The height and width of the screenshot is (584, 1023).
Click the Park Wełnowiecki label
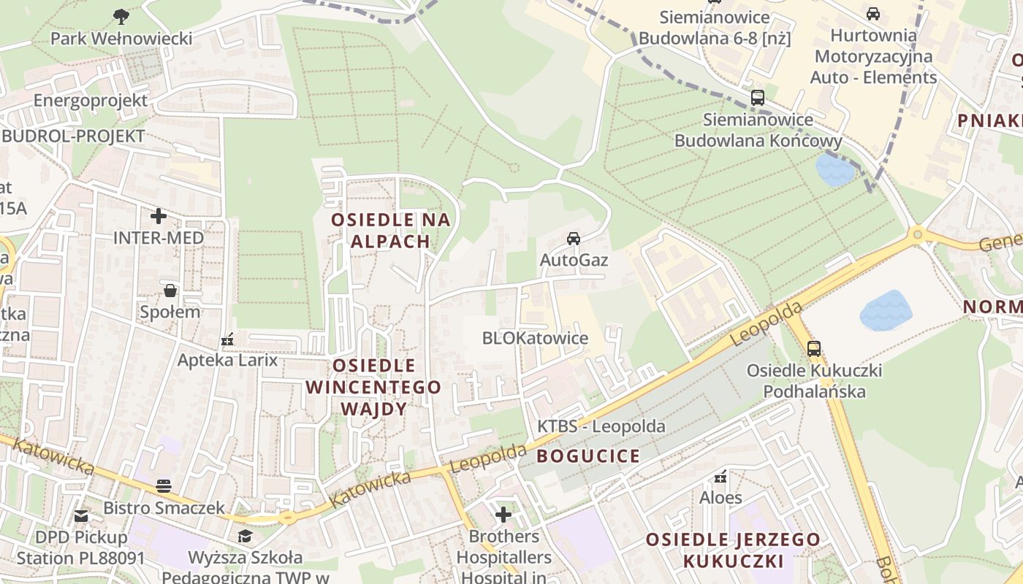coord(121,39)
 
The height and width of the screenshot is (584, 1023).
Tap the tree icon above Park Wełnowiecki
coord(121,16)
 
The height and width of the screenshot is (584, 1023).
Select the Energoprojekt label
coord(91,101)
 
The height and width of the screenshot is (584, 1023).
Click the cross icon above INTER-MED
coord(158,216)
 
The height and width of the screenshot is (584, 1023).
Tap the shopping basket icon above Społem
coord(170,291)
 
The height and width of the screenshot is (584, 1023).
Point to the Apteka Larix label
coord(228,360)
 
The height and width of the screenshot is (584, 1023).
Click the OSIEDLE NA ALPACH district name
coord(390,230)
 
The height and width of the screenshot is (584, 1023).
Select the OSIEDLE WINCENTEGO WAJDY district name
coord(374,387)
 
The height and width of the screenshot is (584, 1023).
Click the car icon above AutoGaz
coord(574,239)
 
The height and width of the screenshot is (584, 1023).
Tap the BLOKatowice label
coord(535,338)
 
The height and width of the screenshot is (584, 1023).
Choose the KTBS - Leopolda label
coord(601,426)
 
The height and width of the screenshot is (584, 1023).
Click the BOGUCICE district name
coord(589,456)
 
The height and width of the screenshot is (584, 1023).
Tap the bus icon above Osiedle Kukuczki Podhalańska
coord(814,349)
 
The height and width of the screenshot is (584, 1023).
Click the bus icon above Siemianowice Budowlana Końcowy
coord(758,98)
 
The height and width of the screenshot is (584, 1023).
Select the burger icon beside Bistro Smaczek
coord(164,486)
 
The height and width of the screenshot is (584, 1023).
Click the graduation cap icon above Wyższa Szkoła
coord(245,537)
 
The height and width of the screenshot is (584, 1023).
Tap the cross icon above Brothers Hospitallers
coord(503,515)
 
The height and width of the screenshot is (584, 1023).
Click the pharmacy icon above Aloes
coord(721,477)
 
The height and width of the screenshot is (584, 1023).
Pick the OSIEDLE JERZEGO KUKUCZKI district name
coord(733,550)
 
